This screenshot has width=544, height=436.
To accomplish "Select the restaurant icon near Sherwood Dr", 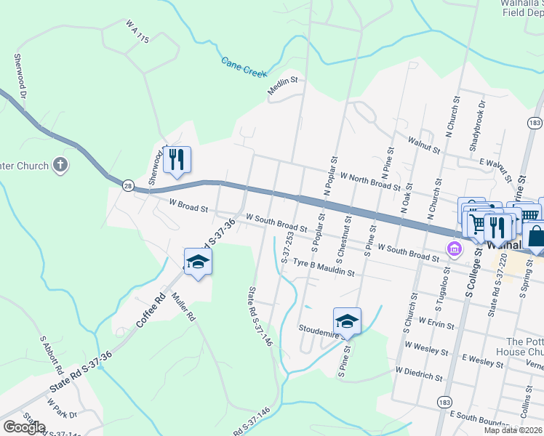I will [x=177, y=159].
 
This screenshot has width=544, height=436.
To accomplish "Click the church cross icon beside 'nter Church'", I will [x=60, y=165].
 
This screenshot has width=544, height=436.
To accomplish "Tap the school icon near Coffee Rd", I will [x=198, y=262].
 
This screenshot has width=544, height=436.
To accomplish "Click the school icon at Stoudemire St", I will [x=348, y=321].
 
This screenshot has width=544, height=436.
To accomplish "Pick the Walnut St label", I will [x=425, y=144].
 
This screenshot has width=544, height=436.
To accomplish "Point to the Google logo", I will [x=23, y=427].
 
